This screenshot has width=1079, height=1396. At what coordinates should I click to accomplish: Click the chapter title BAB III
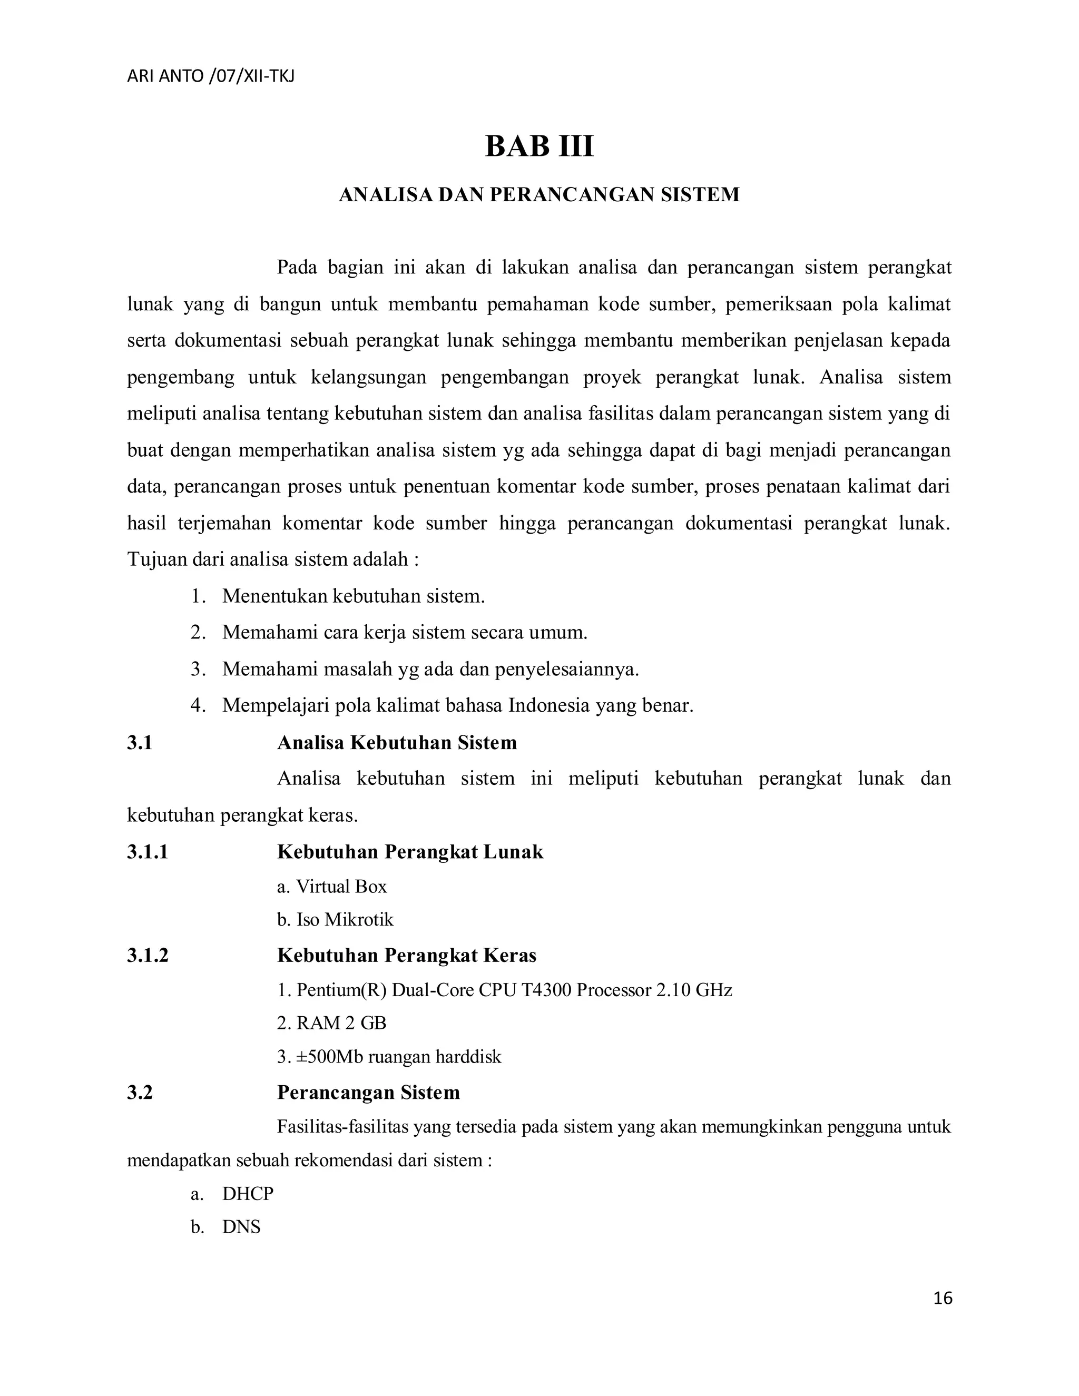pos(539,146)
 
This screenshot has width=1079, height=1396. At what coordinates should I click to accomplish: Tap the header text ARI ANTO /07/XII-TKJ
pos(210,77)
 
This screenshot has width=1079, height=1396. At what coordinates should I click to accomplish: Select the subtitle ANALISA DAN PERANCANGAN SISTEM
pos(539,195)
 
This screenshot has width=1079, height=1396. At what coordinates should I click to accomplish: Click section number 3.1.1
pos(148,852)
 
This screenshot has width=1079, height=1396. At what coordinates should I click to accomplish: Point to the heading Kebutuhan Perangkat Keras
pos(407,956)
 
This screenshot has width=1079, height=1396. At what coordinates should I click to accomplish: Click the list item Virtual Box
pos(341,887)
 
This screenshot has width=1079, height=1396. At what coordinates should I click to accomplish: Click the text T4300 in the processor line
pos(546,990)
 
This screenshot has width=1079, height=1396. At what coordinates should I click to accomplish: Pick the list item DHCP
pos(248,1193)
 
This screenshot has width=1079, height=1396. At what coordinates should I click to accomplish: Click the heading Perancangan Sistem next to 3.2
pos(368,1093)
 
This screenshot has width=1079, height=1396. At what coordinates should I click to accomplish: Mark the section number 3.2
pos(140,1093)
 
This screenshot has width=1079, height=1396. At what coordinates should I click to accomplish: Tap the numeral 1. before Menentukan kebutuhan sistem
pos(198,596)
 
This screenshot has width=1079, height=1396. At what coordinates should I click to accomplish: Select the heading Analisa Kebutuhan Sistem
pos(397,743)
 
